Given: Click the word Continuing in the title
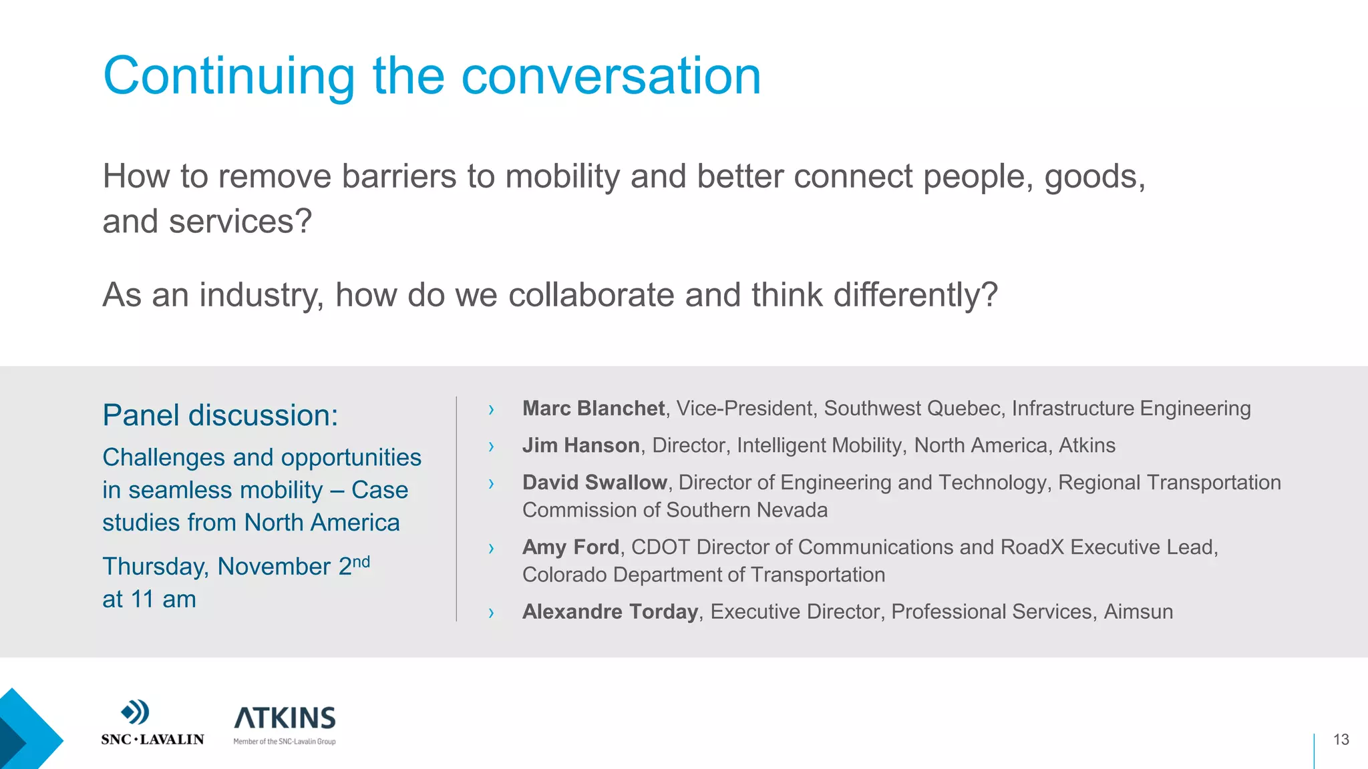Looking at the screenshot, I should [228, 77].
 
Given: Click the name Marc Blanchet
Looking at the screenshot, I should [593, 409].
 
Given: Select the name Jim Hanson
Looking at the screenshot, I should [580, 445].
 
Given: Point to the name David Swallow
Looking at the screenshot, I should [594, 483].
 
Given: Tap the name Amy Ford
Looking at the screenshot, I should [570, 547].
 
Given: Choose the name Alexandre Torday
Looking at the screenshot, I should [610, 611].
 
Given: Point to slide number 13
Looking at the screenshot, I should [1341, 740].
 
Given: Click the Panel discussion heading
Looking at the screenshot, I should [220, 415].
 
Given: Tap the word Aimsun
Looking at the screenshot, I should [1138, 611].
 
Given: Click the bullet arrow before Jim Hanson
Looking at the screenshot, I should [491, 447].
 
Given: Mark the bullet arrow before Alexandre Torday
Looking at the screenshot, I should [491, 613].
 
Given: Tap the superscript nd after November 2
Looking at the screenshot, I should [361, 561].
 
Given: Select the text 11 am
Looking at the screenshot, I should [164, 599].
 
